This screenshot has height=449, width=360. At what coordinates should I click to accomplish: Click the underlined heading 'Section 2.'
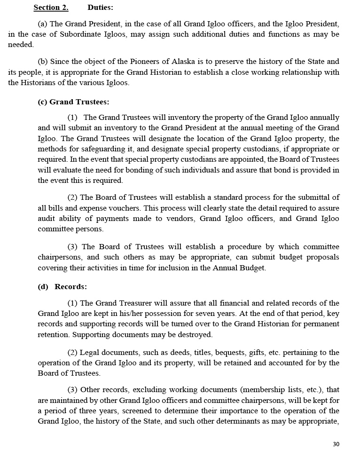51,8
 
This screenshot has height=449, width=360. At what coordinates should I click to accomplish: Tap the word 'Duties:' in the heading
100,8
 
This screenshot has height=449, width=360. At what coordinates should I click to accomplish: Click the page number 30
336,444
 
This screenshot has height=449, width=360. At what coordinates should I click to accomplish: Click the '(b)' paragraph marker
43,62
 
